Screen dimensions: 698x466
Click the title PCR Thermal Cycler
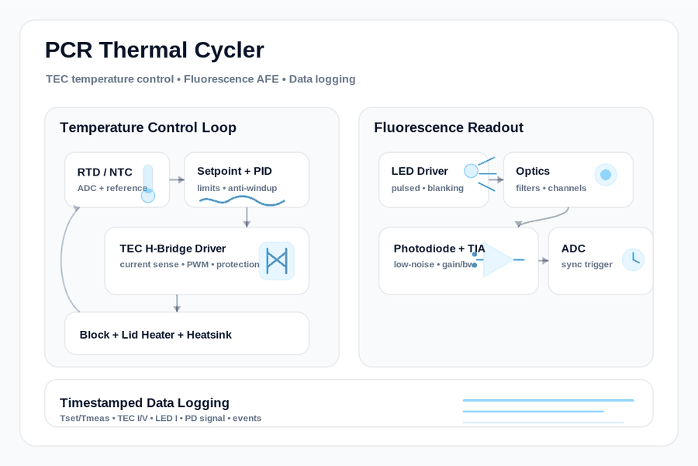154,50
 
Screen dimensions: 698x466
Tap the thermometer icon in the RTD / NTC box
148,183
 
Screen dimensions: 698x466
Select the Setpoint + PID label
234,171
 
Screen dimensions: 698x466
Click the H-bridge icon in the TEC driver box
276,261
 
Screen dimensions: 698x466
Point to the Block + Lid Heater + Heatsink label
155,335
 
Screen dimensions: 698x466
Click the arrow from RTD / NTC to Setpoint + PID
177,179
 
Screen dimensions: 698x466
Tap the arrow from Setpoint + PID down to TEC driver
247,217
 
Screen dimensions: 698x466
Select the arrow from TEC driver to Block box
177,303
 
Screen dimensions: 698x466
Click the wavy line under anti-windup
242,202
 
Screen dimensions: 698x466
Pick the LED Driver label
420,171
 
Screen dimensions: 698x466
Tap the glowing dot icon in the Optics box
606,175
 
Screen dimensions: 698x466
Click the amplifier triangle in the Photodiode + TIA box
498,259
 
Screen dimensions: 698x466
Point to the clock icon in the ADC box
633,259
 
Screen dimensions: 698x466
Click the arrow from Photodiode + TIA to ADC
544,260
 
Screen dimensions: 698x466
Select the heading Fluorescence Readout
448,127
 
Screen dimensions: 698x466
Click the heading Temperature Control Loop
148,127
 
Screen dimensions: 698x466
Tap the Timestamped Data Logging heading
144,402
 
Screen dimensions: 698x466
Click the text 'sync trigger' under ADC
587,264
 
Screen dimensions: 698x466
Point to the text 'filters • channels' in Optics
551,188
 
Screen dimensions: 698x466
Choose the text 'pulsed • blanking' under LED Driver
427,188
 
